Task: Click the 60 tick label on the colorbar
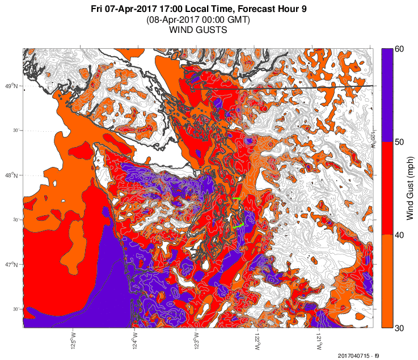point(399,49)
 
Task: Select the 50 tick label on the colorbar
point(399,142)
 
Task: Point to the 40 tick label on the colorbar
point(399,235)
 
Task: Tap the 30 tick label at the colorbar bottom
point(399,328)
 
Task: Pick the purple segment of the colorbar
point(387,95)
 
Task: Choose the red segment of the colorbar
point(387,188)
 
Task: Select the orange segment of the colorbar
point(387,281)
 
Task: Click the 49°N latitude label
point(11,86)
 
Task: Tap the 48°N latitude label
point(11,175)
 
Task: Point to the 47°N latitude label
point(11,265)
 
